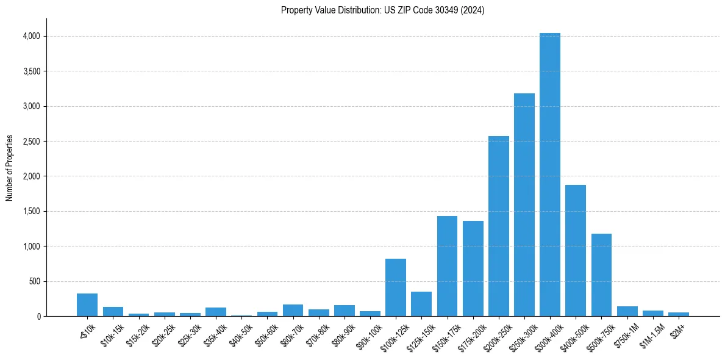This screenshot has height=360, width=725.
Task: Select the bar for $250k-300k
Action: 524,205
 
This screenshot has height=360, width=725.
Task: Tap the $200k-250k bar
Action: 498,226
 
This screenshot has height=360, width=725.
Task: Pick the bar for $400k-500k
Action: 575,251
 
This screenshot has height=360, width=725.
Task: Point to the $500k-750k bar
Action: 601,275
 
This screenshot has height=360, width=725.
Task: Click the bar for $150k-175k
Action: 447,267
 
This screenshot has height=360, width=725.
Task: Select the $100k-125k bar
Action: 396,287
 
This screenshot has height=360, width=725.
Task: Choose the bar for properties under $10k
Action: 87,305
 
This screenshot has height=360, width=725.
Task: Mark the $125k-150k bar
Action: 421,304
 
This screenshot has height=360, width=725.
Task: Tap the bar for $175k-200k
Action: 473,268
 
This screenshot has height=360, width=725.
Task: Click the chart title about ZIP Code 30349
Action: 382,10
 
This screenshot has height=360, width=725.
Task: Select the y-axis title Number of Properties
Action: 10,167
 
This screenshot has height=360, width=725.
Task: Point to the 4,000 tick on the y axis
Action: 31,36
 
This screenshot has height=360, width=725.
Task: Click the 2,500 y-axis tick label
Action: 31,142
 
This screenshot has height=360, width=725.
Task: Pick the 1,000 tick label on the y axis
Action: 31,247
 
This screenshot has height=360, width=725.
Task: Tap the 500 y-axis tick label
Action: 34,282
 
